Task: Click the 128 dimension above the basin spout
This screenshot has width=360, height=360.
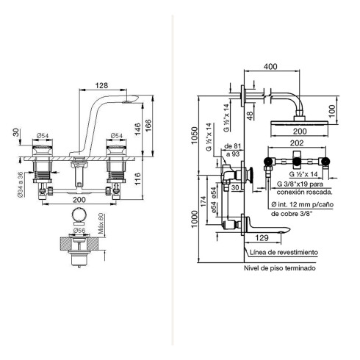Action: pos(101,85)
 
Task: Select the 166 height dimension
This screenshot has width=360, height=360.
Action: pos(148,126)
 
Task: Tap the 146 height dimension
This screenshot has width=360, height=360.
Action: pos(138,129)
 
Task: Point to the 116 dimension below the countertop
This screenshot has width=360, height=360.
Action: pos(137,179)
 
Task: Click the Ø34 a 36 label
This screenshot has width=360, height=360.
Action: pos(21,184)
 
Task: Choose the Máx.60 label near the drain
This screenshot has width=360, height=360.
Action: pos(101,223)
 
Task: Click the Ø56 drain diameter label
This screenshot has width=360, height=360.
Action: pos(79,231)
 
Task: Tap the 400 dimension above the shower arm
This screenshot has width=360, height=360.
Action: pos(270,66)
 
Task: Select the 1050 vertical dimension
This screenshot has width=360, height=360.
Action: pos(194,135)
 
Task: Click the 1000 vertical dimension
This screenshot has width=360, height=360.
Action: pos(194,219)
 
